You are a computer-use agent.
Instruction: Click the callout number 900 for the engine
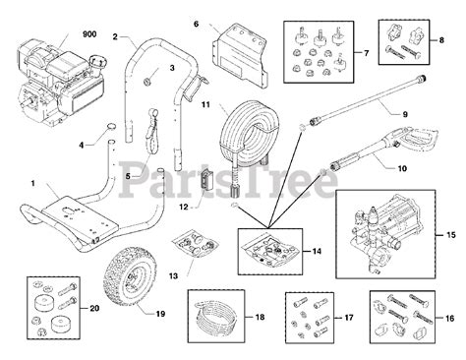(x=89, y=34)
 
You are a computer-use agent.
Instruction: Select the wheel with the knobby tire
(x=130, y=275)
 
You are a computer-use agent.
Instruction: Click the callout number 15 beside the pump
(x=450, y=235)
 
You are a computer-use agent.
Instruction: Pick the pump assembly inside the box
(x=382, y=233)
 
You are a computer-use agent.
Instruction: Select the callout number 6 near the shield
(x=196, y=24)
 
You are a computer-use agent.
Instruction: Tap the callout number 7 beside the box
(x=366, y=53)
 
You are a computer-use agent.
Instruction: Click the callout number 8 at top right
(x=441, y=40)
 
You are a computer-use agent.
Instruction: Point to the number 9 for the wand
(x=405, y=114)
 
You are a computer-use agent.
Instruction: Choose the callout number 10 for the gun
(x=402, y=168)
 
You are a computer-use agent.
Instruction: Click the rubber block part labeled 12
(x=206, y=179)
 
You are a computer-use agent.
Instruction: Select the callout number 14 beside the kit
(x=317, y=251)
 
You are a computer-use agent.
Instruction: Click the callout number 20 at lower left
(x=94, y=308)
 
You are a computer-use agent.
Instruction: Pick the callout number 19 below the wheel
(x=160, y=314)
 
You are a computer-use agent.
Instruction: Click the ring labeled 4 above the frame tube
(x=112, y=126)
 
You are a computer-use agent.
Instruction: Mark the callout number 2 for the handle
(x=115, y=36)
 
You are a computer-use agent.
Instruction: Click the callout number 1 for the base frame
(x=33, y=183)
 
